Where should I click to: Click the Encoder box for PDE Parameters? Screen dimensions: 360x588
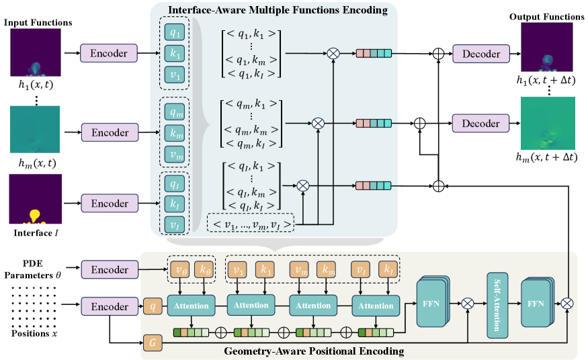109,270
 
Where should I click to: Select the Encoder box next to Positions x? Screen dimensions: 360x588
109,307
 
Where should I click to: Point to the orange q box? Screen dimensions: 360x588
153,307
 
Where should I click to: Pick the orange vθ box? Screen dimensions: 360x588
179,270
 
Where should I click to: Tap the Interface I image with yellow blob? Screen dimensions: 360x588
35,199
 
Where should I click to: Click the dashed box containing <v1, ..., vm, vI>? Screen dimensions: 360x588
251,222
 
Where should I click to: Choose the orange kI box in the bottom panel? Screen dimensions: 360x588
388,270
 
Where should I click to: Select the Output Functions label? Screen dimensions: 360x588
546,16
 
